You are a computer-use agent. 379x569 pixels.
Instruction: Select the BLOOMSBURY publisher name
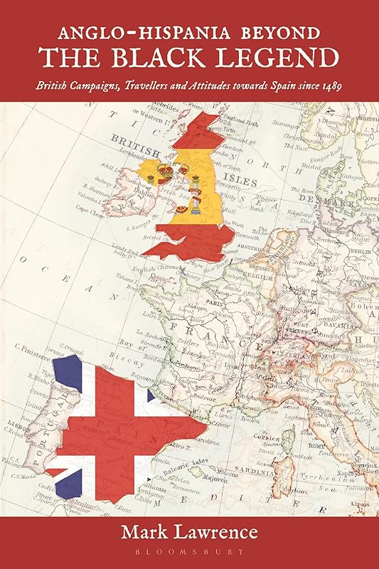[x=190, y=551]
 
